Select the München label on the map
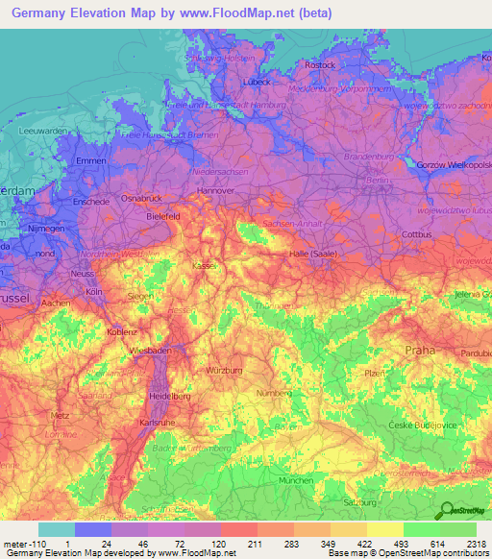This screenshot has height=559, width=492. (296, 480)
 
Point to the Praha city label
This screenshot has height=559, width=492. (420, 350)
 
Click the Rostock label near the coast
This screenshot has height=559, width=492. (320, 65)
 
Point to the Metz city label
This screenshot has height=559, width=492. (60, 416)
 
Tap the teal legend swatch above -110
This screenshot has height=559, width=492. (56, 529)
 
